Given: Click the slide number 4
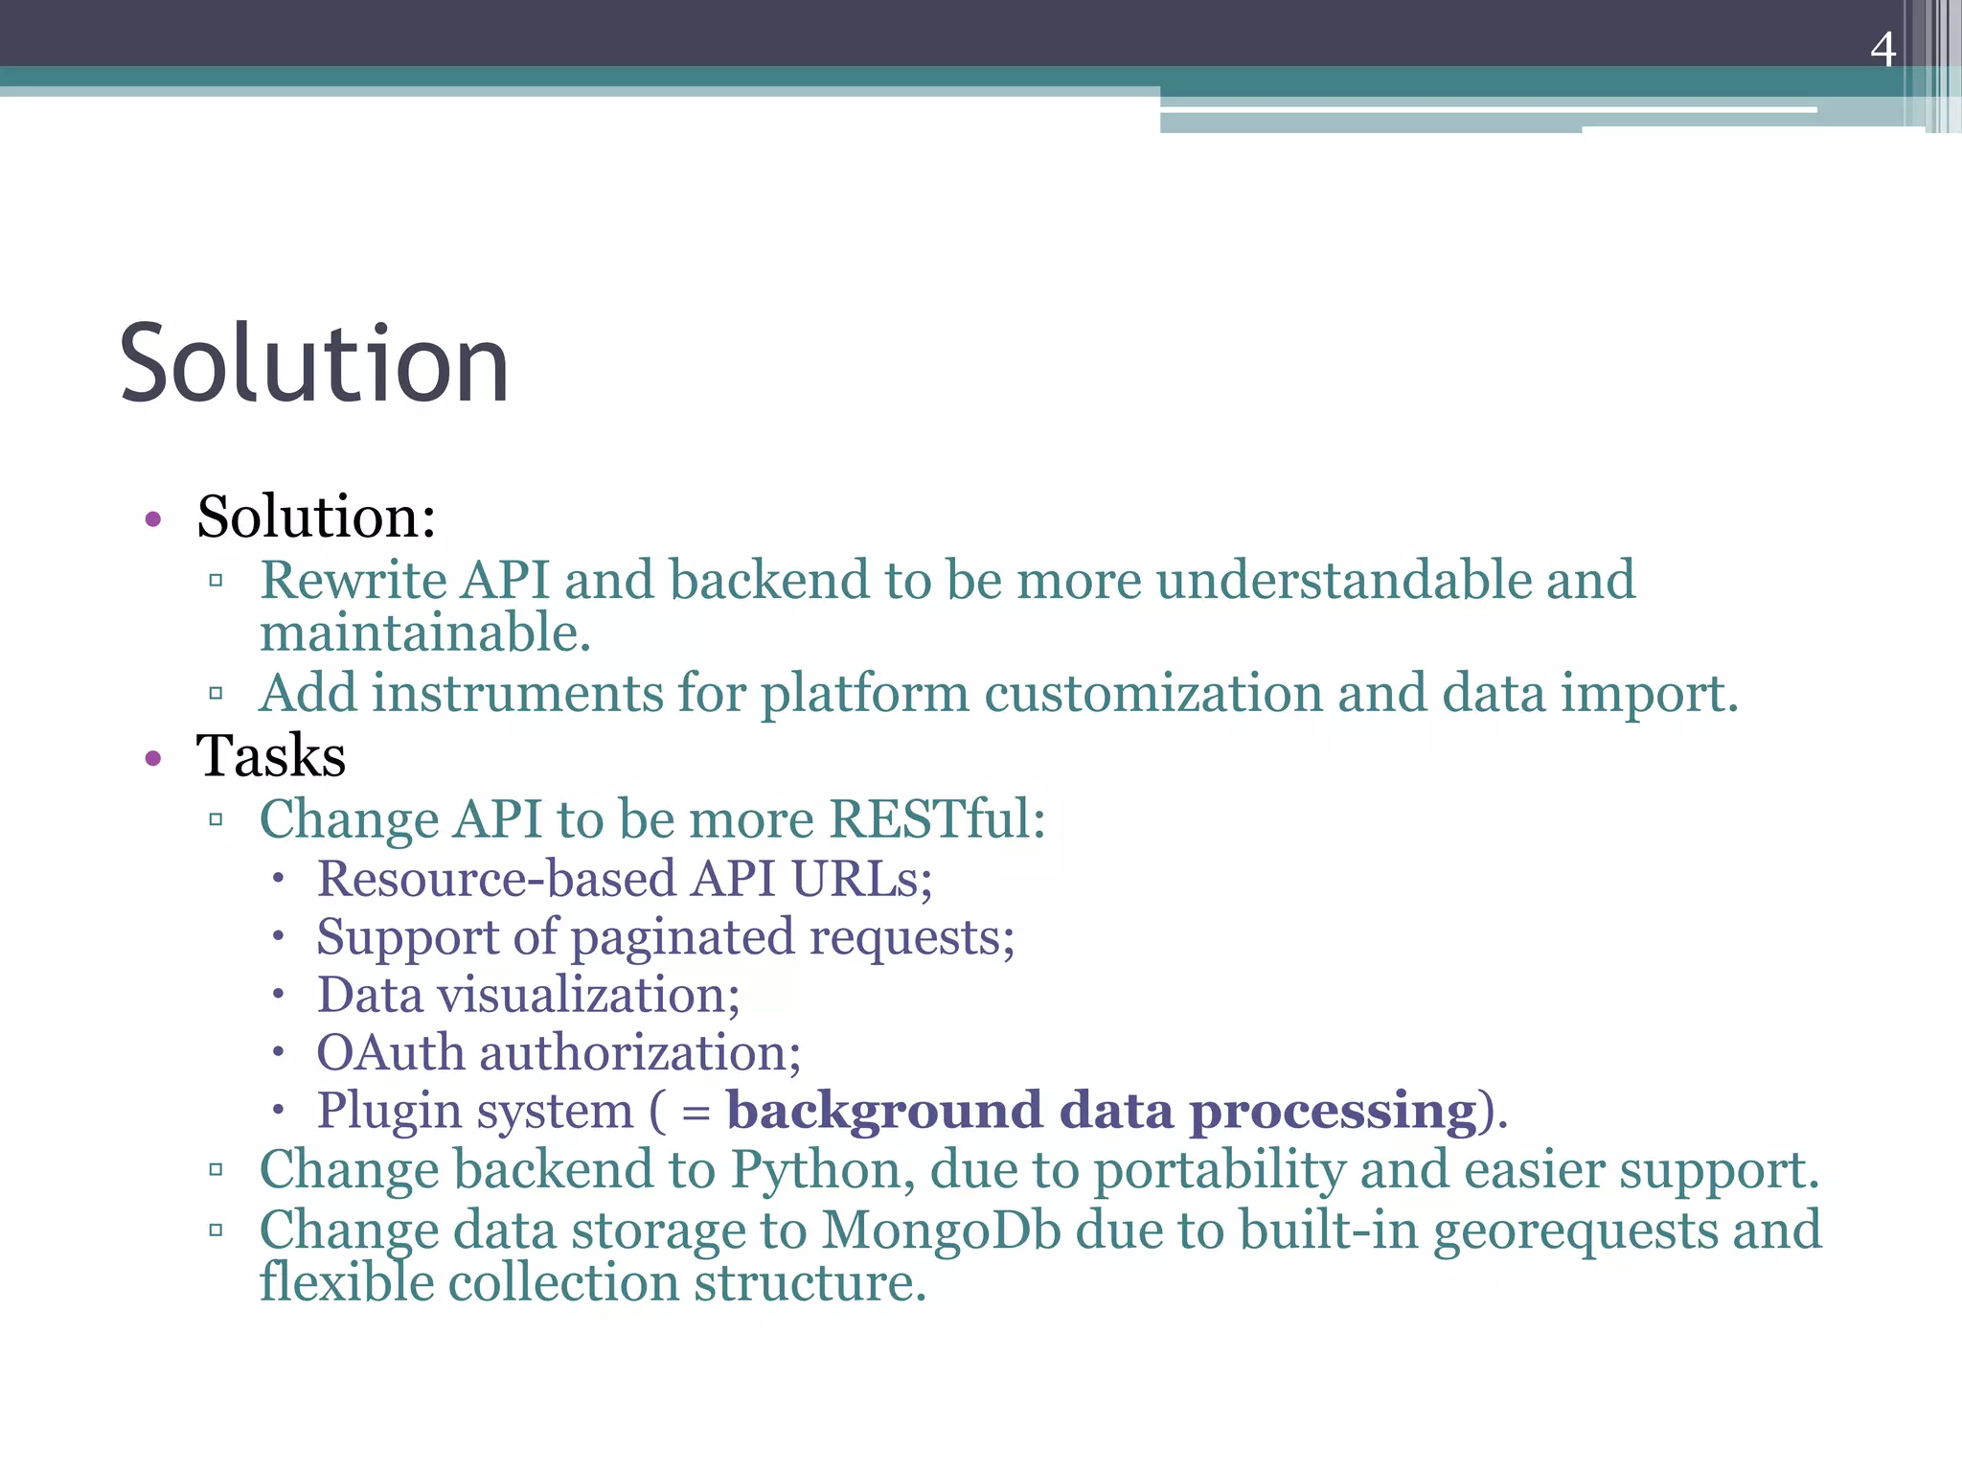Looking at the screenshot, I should click(1882, 49).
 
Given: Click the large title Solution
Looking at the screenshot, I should click(313, 363).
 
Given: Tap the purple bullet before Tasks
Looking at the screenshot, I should click(153, 760).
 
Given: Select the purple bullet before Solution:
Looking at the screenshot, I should click(153, 520).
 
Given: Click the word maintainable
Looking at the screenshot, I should click(424, 634).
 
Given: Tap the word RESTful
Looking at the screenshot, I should click(936, 820).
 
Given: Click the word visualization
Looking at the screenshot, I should click(588, 995).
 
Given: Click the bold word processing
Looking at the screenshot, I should click(1333, 1113).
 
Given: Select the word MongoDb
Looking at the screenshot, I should click(941, 1230).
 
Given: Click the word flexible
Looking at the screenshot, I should click(346, 1283).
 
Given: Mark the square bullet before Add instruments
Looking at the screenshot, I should click(216, 693).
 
